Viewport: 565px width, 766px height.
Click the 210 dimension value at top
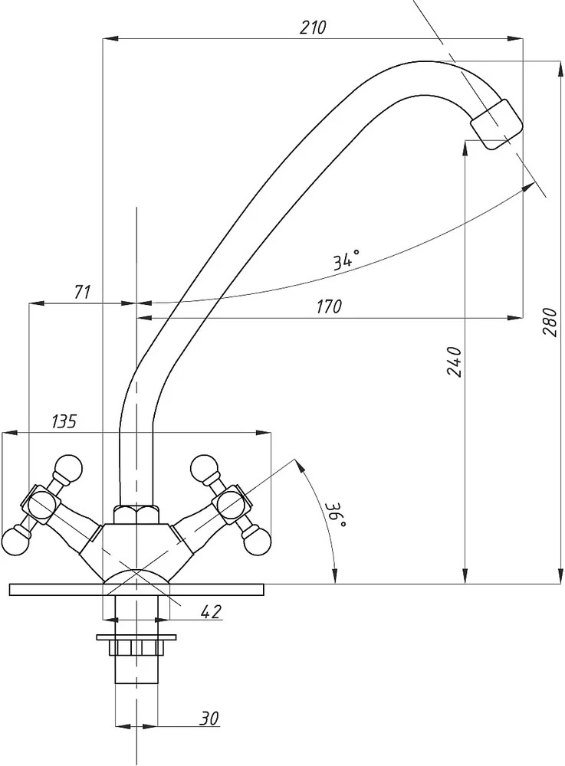click(312, 28)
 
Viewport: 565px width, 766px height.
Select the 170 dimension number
click(329, 307)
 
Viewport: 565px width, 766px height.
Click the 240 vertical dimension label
click(454, 361)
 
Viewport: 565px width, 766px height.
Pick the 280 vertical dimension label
click(550, 322)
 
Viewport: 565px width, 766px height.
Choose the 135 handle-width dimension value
click(64, 421)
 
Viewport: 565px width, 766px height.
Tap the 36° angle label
click(337, 515)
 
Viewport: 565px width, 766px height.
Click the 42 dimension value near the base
click(211, 611)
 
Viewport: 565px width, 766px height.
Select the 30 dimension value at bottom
click(209, 718)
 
